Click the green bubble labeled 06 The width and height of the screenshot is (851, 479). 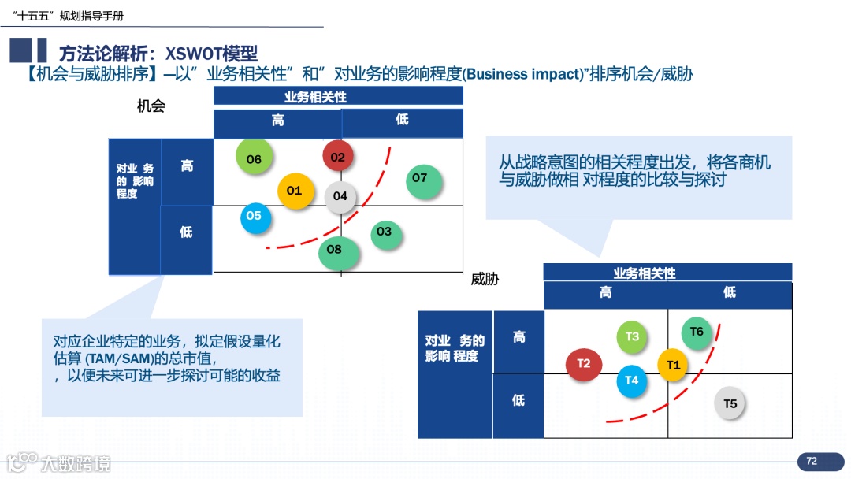pos(254,159)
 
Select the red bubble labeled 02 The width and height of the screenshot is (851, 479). pos(338,157)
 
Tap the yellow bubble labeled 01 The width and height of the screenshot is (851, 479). pos(294,191)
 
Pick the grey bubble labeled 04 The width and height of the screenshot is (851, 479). pos(340,196)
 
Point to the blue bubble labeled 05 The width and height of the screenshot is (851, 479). pos(254,216)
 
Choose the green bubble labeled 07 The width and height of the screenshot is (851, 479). pos(420,179)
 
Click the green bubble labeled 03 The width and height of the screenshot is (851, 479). pos(384,232)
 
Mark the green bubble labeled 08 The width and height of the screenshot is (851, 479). pos(335,251)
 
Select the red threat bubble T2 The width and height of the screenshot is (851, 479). pos(584,364)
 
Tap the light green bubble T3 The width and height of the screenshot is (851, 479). pos(632,337)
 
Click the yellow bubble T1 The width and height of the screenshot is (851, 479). pos(673,365)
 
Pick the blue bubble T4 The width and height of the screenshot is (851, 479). pos(632,381)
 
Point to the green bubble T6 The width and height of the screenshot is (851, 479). pos(697,332)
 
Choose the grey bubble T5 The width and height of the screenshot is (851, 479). pos(730,404)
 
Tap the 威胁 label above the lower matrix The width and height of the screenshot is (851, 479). pos(485,279)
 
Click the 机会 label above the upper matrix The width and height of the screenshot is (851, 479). pos(151,106)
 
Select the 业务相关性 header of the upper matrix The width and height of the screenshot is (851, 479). pos(338,97)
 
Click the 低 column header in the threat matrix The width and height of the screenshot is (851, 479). pos(730,292)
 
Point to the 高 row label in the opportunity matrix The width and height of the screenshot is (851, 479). pos(187,166)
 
